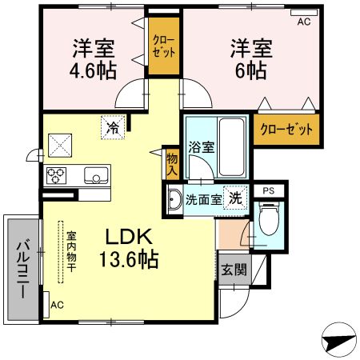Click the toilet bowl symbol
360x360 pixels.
click(269, 219)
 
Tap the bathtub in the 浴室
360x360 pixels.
click(231, 147)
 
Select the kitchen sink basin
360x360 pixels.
click(96, 175)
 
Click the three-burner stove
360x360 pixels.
click(56, 175)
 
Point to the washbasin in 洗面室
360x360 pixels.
click(174, 200)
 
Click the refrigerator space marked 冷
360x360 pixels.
click(113, 127)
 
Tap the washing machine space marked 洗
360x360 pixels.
click(235, 198)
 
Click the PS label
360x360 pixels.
click(269, 191)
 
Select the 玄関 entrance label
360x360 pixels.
click(234, 270)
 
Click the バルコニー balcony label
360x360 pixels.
click(24, 270)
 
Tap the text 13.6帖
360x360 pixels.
click(129, 259)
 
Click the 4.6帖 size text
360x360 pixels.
click(93, 70)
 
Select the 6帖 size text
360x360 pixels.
click(251, 70)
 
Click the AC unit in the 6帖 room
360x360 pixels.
click(304, 13)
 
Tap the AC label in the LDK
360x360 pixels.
click(57, 305)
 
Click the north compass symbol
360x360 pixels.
click(338, 339)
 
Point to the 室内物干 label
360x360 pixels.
click(71, 251)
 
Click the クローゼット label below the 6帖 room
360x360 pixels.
click(286, 130)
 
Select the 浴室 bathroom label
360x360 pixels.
click(202, 147)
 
